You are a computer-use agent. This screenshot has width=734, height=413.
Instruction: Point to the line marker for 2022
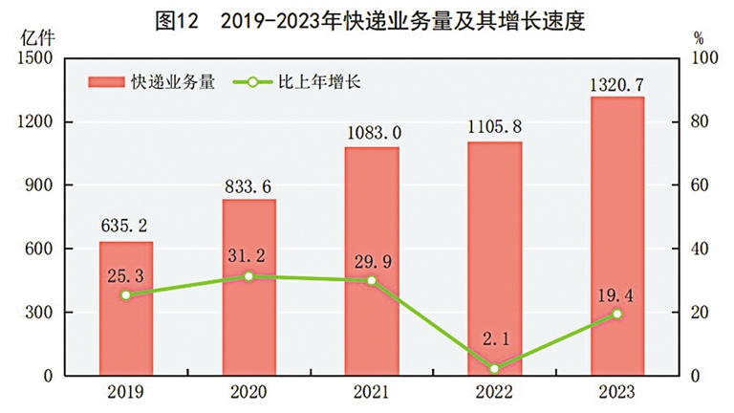coord(494,369)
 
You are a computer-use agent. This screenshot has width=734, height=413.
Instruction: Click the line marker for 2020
coord(248,276)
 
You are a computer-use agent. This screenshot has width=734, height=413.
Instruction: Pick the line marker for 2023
coord(617,314)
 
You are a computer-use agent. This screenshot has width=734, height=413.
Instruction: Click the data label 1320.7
coord(617,84)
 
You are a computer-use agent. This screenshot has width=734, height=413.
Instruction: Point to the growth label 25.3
coord(126,274)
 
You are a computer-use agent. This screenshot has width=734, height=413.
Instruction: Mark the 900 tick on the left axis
coord(39,185)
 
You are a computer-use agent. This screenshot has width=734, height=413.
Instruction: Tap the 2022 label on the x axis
coord(494,392)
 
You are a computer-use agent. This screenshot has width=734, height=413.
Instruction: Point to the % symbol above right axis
coord(699,38)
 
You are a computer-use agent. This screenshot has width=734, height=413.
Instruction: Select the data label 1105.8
coord(494,128)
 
